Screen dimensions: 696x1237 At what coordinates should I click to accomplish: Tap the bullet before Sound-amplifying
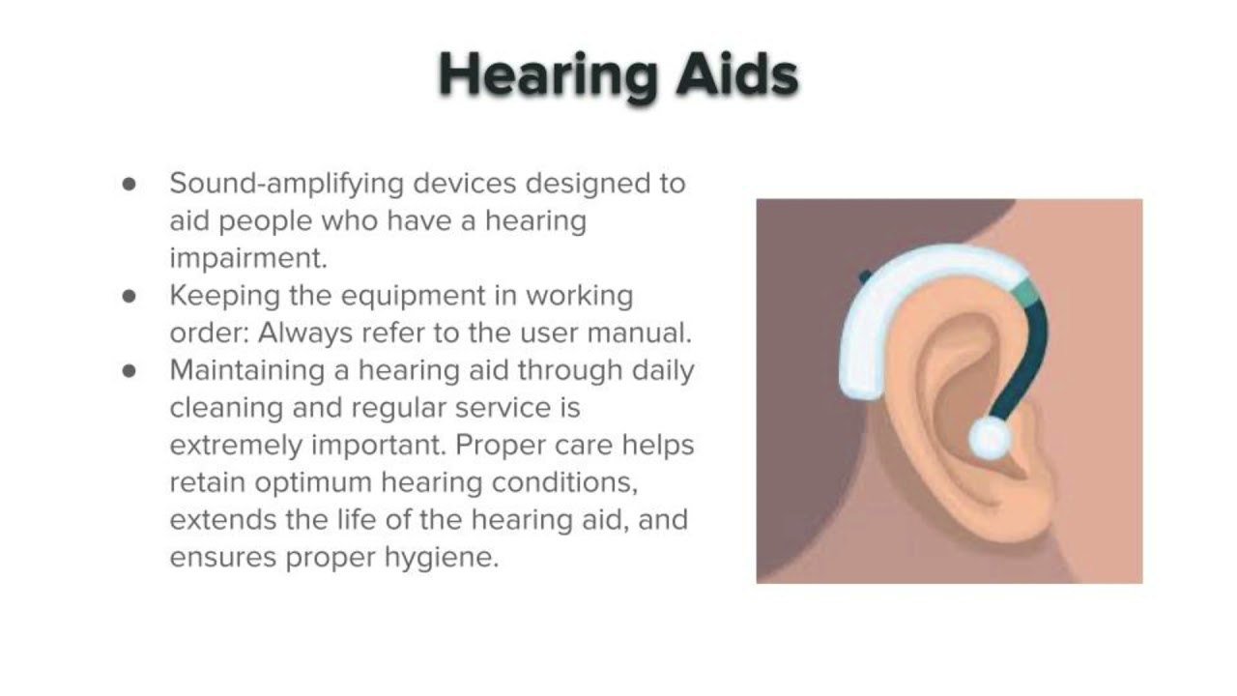130,184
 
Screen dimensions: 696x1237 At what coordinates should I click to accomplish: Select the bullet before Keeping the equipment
130,296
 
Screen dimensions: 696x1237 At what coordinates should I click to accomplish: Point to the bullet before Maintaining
130,371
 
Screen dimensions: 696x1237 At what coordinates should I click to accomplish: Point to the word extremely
235,445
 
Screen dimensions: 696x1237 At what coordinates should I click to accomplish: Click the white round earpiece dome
989,439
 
